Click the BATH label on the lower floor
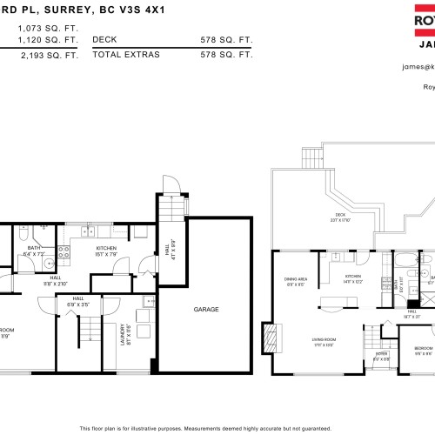[x=34, y=248]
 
